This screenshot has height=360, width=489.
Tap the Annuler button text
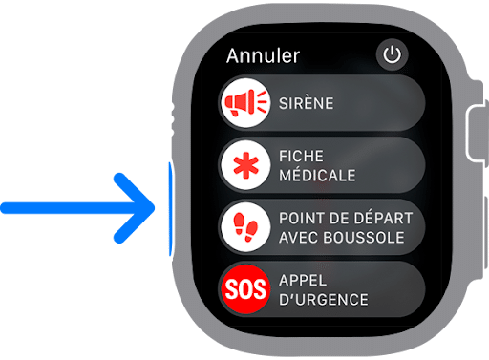pos(263,56)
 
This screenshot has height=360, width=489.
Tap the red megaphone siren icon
pos(246,102)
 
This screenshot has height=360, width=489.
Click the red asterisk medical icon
pos(246,165)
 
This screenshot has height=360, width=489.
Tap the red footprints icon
pos(246,227)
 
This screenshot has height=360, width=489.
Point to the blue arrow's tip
pos(153,208)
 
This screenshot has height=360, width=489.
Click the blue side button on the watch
pos(170,208)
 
